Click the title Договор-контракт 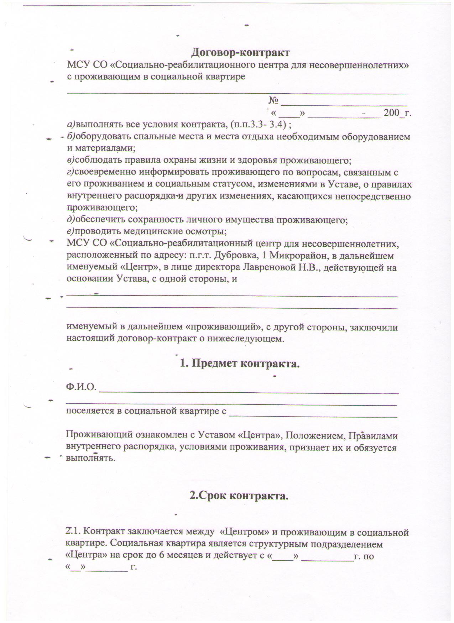241,53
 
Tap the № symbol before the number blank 273,101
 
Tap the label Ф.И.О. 81,387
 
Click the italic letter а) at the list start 71,125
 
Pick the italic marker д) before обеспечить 71,220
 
